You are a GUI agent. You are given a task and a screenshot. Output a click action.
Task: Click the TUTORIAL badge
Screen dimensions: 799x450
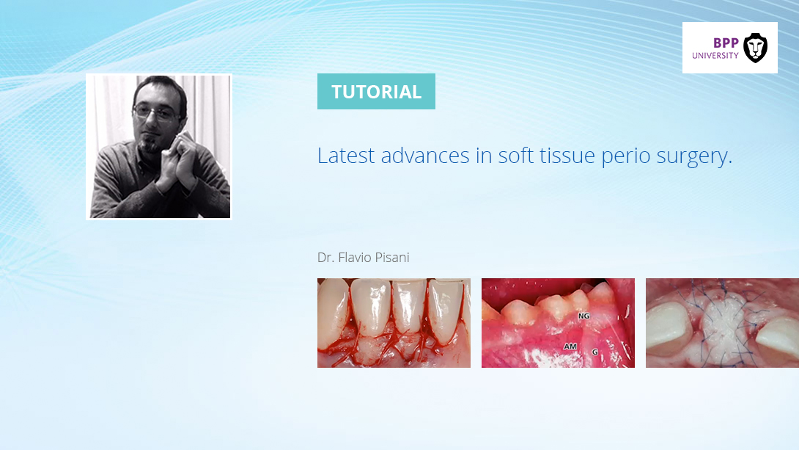click(376, 91)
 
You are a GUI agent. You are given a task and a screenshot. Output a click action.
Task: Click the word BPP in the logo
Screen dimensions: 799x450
click(726, 43)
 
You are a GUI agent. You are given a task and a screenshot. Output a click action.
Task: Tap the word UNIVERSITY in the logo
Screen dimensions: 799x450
click(715, 56)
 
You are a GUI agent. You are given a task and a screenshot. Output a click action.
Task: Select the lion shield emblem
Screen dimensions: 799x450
click(755, 48)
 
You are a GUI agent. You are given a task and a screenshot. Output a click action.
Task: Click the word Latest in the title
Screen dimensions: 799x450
click(346, 156)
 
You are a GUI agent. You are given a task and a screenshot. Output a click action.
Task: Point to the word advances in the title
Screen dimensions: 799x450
click(425, 156)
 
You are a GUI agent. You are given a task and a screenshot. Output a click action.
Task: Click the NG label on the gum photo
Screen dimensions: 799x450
click(584, 316)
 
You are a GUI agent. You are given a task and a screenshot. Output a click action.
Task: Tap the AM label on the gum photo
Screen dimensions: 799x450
click(570, 346)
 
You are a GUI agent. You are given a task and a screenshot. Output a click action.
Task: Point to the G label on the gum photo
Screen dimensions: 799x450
click(594, 352)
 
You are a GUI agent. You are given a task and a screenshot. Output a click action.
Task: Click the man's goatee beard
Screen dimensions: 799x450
click(150, 145)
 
